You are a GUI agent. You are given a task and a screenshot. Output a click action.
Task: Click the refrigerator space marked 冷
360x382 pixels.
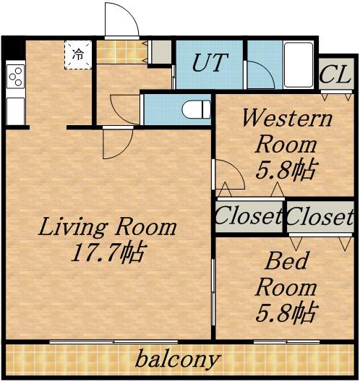tap(78, 55)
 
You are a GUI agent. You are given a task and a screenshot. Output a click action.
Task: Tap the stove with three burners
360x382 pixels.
tap(16, 76)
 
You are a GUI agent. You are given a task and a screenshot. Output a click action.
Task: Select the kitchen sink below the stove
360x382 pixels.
tap(16, 111)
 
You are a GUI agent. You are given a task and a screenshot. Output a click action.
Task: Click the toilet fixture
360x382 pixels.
tap(196, 109)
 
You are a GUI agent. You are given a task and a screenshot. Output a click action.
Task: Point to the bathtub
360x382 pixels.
tap(299, 64)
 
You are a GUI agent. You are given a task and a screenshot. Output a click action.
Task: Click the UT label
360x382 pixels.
tap(210, 62)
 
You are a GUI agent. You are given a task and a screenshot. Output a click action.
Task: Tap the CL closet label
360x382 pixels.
tap(335, 75)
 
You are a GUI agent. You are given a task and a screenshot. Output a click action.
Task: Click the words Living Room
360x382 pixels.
tap(107, 227)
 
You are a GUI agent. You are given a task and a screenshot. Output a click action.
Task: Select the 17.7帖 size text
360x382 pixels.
tap(109, 252)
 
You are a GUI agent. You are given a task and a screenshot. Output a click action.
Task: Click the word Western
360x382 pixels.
tap(288, 118)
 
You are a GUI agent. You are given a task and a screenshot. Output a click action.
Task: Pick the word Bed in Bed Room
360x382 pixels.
tap(286, 261)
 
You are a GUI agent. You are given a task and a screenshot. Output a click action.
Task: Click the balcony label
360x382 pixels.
tap(178, 360)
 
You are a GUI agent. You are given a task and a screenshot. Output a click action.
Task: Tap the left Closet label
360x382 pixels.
tap(249, 216)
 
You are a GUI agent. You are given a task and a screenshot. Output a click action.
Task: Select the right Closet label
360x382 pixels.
tap(320, 216)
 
